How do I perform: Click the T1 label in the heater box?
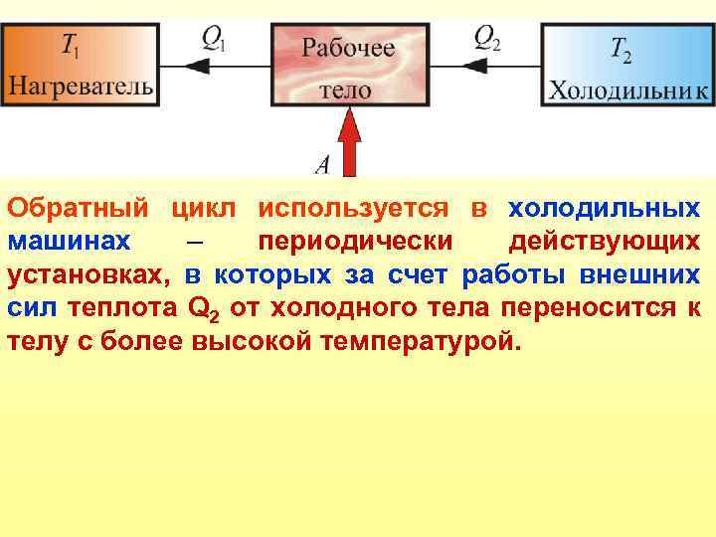73,46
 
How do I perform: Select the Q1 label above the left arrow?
215,39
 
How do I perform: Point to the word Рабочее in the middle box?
348,47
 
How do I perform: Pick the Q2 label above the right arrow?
488,39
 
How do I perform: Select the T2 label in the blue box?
621,47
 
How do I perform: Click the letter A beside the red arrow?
321,162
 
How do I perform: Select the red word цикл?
204,210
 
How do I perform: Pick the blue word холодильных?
604,210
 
